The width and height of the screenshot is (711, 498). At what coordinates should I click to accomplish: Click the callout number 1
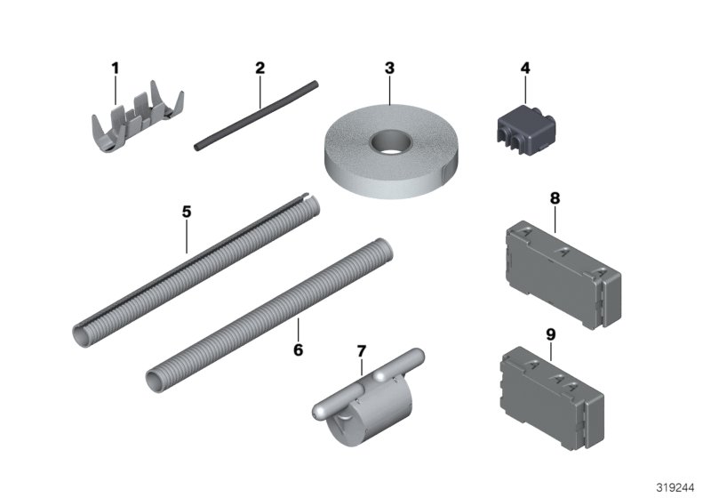coord(114,68)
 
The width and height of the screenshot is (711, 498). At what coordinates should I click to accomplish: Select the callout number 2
coord(260,68)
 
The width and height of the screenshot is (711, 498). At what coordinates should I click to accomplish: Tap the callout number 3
coord(388,68)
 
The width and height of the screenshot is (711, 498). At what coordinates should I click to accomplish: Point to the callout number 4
coord(525,68)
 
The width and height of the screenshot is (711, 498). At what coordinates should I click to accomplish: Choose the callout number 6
coord(298,349)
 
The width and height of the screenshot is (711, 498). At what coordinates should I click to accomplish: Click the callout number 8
coord(555,199)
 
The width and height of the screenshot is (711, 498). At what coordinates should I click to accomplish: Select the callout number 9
coord(550,335)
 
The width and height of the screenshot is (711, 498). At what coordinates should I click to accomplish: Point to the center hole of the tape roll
coord(389,141)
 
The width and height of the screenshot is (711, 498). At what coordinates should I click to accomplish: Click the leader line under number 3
coord(388,89)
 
